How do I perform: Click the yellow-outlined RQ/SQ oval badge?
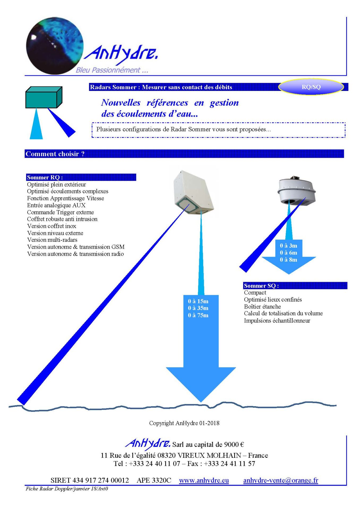pos(311,87)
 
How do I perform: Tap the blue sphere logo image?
pos(54,46)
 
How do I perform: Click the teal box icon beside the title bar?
pos(44,97)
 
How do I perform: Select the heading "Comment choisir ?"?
pos(55,154)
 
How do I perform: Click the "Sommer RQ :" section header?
pos(45,177)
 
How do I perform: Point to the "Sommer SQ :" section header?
pos(261,286)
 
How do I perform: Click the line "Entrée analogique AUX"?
pos(56,205)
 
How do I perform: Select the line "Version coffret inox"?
pos(52,226)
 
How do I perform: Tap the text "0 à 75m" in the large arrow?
pos(198,315)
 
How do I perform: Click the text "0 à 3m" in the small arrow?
pos(288,245)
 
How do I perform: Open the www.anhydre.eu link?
pos(204,480)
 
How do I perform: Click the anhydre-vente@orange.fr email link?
pos(280,480)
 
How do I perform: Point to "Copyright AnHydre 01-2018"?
pos(184,423)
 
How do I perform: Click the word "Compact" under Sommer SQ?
pos(255,292)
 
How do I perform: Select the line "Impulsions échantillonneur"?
pos(277,321)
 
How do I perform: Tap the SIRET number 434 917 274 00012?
pos(90,480)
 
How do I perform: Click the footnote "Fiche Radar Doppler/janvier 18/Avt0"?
pos(67,489)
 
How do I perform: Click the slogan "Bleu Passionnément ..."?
pos(112,70)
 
